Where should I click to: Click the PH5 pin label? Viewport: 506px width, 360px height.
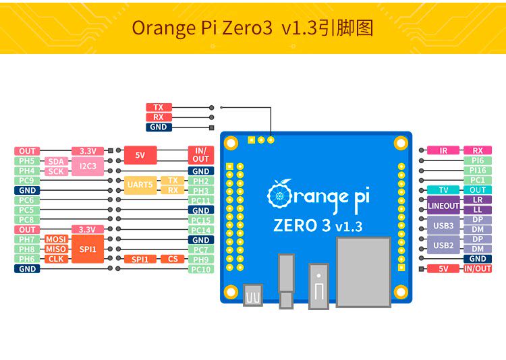coord(27,161)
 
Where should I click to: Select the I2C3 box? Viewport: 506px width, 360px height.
coord(87,166)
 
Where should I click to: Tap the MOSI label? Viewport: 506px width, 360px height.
coord(55,239)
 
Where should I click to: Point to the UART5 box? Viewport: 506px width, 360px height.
coord(140,185)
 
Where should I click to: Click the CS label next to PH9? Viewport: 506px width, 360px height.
coord(173,259)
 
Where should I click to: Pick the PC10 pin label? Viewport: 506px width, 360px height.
coord(200,269)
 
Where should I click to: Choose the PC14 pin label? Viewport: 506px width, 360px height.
coord(200,230)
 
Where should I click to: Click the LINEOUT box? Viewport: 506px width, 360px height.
coord(443,206)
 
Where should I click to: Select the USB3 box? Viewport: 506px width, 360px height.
coord(443,225)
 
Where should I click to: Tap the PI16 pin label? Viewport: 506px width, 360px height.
coord(478,171)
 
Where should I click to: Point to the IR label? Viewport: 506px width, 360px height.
coord(443,151)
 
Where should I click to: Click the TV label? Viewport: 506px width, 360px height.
coord(443,190)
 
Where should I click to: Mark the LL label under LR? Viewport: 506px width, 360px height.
coord(478,210)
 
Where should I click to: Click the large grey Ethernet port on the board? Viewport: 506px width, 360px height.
coord(364,271)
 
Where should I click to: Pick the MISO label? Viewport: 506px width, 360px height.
coord(55,249)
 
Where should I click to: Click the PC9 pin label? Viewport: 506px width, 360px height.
coord(27,181)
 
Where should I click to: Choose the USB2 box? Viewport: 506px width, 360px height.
coord(443,245)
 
